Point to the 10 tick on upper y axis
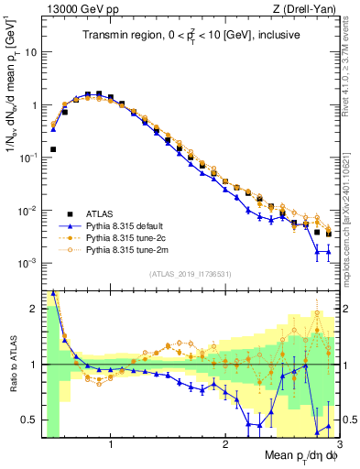coord(29,52)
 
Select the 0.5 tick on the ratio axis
coord(29,420)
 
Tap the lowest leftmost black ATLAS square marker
coord(53,148)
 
